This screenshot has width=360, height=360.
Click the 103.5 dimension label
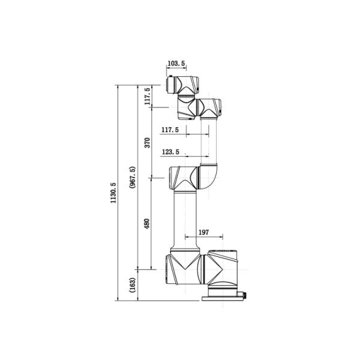point(175,63)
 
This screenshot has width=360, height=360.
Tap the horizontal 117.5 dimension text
point(170,130)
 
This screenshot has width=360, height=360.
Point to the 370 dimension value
point(147,143)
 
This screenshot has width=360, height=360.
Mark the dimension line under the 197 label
point(203,236)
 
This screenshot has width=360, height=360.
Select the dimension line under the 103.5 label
point(175,68)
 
